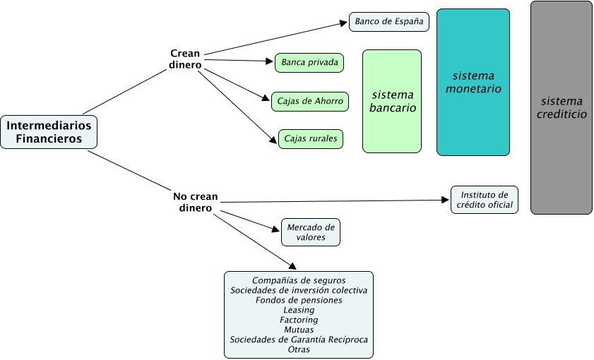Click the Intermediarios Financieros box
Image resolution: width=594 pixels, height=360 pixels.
(49, 132)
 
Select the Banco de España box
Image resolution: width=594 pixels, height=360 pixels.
(388, 21)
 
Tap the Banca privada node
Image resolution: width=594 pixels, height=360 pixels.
(309, 63)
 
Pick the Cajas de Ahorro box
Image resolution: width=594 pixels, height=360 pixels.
(310, 101)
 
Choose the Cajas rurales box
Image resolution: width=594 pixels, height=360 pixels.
(311, 138)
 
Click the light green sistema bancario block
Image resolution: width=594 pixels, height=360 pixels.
(392, 101)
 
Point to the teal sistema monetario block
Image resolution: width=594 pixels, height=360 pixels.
(473, 82)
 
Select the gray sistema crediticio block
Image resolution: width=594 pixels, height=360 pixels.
(561, 107)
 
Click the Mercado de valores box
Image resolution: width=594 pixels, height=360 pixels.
(311, 232)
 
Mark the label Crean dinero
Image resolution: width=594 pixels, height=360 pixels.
(185, 59)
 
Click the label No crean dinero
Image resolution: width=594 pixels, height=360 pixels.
(195, 202)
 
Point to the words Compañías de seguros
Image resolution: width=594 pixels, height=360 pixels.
(299, 280)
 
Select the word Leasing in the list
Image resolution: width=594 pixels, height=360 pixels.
(299, 310)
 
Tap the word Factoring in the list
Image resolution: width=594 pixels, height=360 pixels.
(299, 320)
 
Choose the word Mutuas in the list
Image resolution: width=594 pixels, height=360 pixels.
(299, 330)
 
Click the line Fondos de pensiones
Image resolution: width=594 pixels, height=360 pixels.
(299, 300)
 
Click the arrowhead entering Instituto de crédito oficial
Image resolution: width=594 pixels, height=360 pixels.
(446, 200)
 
